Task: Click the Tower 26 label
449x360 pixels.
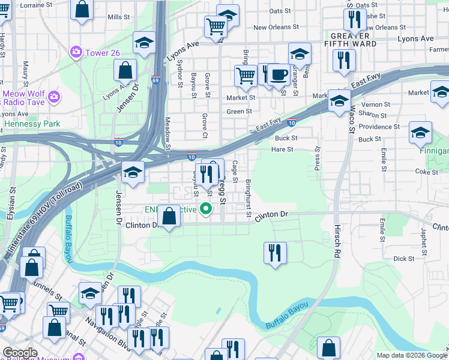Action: [102, 53]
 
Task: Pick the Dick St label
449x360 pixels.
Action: [403, 259]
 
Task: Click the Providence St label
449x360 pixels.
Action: [379, 127]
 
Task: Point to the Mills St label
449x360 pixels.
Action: [118, 17]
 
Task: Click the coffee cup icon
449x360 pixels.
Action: [278, 74]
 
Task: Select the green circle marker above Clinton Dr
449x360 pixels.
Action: [206, 209]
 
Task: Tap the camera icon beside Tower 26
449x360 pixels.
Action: [76, 53]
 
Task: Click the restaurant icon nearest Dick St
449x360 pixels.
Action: [275, 252]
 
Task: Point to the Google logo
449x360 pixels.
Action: [20, 353]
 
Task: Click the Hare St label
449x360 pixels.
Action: [282, 149]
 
